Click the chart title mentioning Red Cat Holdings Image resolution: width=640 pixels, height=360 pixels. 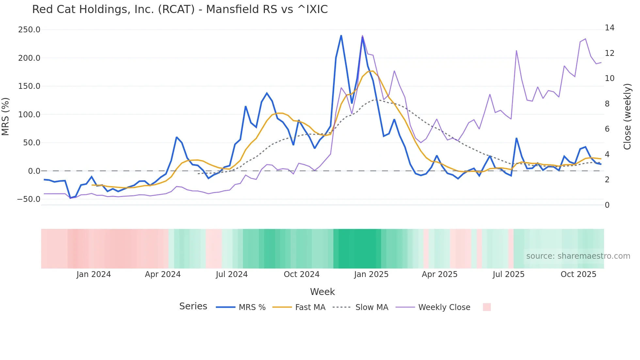tap(180, 9)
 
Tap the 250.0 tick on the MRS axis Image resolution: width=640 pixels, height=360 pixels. tap(29, 30)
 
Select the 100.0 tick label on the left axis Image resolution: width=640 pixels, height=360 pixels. tap(29, 115)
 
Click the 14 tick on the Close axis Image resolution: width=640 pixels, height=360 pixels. tap(609, 28)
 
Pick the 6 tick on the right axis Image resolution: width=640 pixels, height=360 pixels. tap(607, 129)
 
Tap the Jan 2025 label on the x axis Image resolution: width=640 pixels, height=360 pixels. tap(371, 274)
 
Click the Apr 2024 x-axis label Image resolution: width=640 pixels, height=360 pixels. tap(163, 274)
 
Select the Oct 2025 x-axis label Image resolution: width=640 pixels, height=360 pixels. tap(578, 274)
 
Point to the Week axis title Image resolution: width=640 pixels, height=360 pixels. tap(322, 292)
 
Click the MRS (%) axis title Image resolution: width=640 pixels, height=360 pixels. tap(6, 117)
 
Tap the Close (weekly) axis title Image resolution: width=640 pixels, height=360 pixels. tap(627, 117)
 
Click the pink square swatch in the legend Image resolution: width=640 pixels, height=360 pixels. tap(487, 307)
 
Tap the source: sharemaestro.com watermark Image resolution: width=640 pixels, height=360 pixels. tap(578, 256)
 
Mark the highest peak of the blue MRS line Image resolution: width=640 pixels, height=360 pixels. tap(341, 36)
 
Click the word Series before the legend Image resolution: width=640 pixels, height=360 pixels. tap(193, 306)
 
